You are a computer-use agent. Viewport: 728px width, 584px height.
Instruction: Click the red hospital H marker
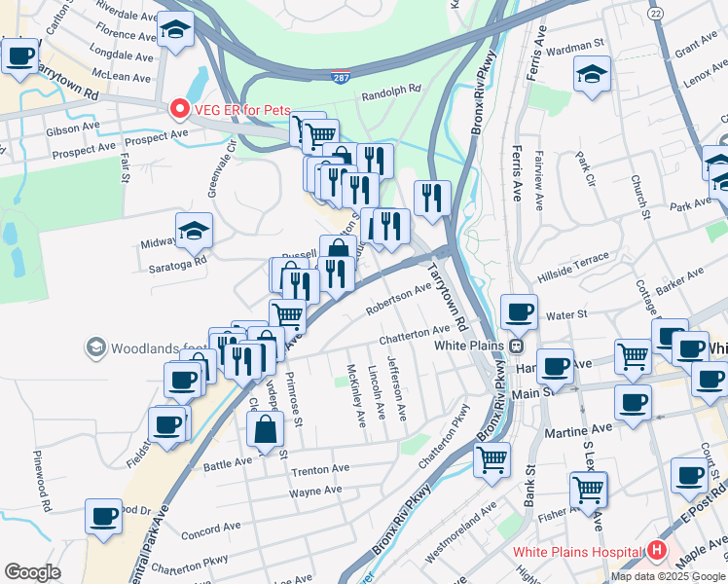pos(657,552)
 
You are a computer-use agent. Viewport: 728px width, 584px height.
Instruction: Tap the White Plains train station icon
pos(517,346)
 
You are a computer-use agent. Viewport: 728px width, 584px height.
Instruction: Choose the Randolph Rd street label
pos(390,89)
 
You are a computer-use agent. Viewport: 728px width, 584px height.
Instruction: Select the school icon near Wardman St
pos(592,74)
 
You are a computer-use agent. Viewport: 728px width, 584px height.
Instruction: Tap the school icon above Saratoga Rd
pos(194,230)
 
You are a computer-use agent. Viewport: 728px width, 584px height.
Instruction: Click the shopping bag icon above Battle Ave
pos(266,429)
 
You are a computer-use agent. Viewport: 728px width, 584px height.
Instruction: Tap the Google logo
pos(32,572)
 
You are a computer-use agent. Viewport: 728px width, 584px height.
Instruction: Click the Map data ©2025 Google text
pos(667,576)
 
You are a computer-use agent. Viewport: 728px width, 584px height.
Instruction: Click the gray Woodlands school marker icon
pos(95,347)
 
